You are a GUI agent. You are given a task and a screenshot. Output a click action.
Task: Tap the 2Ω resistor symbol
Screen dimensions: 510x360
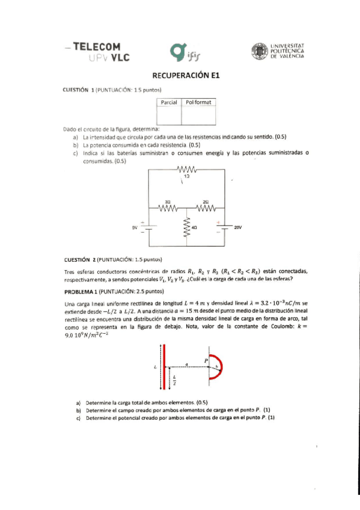(x=206, y=209)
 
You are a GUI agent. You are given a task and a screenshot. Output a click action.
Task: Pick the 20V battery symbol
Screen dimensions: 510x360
(x=225, y=227)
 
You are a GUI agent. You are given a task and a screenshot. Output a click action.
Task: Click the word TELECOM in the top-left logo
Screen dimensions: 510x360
(x=96, y=46)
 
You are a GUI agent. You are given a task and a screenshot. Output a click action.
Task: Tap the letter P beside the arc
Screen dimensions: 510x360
(x=204, y=360)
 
